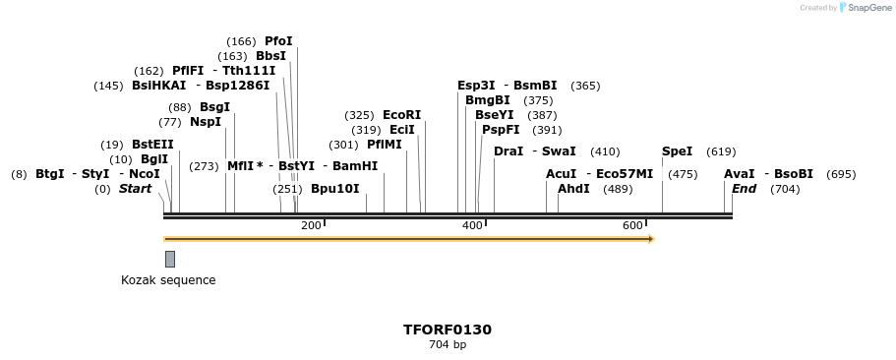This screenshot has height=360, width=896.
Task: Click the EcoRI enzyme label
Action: click(401, 115)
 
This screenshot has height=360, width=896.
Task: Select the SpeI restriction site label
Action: click(677, 151)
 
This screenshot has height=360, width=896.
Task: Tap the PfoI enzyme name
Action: click(278, 41)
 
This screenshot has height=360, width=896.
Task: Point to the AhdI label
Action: click(573, 189)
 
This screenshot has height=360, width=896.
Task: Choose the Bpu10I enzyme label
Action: click(334, 189)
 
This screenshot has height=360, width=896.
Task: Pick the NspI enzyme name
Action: click(206, 122)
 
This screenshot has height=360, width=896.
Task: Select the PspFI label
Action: click(501, 130)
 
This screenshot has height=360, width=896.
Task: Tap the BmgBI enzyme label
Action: click(488, 100)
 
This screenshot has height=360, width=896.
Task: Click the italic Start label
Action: click(136, 189)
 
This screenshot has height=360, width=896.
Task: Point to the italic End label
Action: click(745, 189)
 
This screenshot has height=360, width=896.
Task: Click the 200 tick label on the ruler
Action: click(311, 226)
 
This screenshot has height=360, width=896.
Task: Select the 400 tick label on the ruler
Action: click(472, 226)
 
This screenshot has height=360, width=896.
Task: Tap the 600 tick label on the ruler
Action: click(632, 226)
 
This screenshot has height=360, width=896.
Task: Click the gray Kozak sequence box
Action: click(170, 259)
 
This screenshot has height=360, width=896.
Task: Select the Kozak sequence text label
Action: click(168, 280)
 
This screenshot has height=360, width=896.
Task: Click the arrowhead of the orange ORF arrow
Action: click(650, 239)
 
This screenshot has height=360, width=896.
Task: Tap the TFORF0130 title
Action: click(448, 330)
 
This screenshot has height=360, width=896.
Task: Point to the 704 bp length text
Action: click(448, 345)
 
